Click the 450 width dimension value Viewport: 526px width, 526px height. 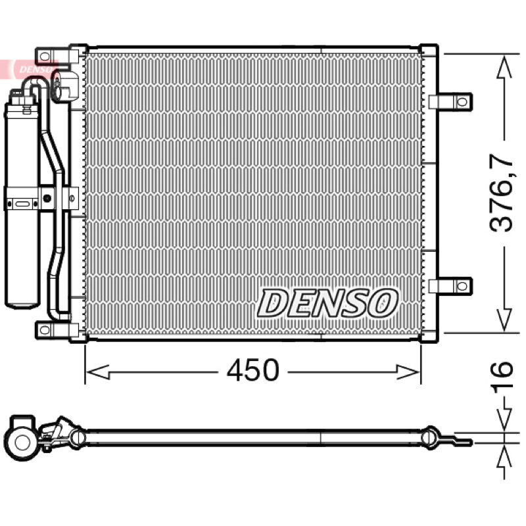click(x=252, y=370)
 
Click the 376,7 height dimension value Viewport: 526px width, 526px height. click(x=502, y=193)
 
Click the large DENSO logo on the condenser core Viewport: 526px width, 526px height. click(x=327, y=303)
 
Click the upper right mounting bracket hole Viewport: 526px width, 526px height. click(x=462, y=102)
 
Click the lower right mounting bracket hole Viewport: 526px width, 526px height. click(x=462, y=286)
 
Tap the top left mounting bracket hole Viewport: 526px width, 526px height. click(x=44, y=57)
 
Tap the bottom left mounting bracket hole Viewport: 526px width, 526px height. click(x=44, y=330)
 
